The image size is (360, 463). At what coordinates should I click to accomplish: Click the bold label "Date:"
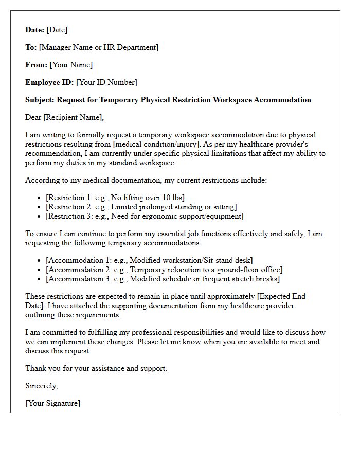point(35,30)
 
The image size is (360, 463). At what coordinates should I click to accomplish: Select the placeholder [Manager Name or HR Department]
point(99,47)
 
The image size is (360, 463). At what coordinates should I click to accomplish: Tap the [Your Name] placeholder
point(71,65)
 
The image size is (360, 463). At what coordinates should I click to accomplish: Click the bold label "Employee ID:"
point(49,82)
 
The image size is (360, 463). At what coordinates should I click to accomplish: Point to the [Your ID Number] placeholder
point(106,82)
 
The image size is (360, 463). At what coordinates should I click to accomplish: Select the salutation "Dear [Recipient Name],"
point(64,117)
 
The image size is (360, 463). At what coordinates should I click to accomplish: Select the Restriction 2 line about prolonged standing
point(141,207)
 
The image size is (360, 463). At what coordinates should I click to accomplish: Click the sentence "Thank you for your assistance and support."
point(96,368)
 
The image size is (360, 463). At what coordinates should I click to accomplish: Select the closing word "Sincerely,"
point(42,386)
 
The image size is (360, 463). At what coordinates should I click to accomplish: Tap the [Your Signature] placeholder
point(53,403)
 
